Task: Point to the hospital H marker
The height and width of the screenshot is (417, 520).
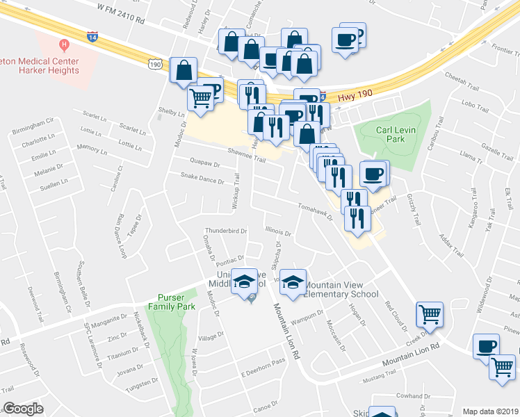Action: click(x=64, y=45)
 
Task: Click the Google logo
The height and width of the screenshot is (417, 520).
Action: click(x=23, y=409)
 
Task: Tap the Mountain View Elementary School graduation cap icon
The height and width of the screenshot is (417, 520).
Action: click(x=293, y=282)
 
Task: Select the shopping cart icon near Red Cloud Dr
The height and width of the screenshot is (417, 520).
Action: click(x=429, y=314)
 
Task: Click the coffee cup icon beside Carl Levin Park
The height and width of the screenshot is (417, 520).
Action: click(x=373, y=174)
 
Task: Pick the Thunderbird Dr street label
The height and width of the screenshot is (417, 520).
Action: click(x=226, y=231)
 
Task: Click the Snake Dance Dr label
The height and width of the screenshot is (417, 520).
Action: click(x=202, y=179)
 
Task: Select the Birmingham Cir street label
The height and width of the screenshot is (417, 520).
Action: click(x=33, y=131)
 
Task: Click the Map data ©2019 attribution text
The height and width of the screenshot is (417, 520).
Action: click(x=490, y=411)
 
